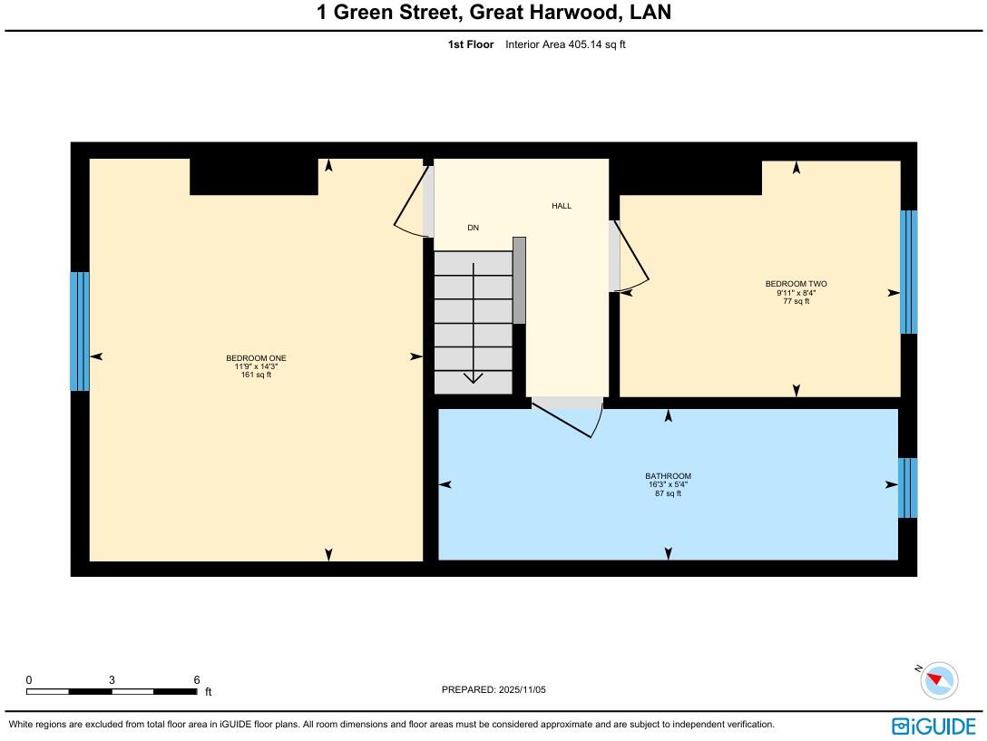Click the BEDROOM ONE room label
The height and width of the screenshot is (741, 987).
pos(256,358)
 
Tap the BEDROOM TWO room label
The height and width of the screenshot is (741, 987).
pos(796,284)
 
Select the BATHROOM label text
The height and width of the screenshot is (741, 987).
pos(668,476)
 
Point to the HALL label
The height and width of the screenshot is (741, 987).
pos(562,206)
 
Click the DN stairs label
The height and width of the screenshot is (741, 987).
pos(473,228)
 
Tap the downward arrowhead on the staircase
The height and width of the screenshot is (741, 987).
pos(474,377)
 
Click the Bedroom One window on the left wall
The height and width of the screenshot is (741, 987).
pos(80,331)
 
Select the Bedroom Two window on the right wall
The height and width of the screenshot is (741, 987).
pos(908,272)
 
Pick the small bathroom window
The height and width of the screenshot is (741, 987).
pos(907,487)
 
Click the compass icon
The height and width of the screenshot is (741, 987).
pos(938,680)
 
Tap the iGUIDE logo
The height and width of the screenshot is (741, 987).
pos(933,726)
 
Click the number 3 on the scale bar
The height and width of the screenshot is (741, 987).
pos(112,680)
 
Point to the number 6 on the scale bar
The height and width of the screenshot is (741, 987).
pos(196,680)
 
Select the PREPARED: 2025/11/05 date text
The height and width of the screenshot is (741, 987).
pos(493,690)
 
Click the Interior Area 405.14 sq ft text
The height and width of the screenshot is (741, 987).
pos(565,44)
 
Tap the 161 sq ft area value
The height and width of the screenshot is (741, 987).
pos(256,375)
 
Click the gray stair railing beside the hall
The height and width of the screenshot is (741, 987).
pos(519,280)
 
